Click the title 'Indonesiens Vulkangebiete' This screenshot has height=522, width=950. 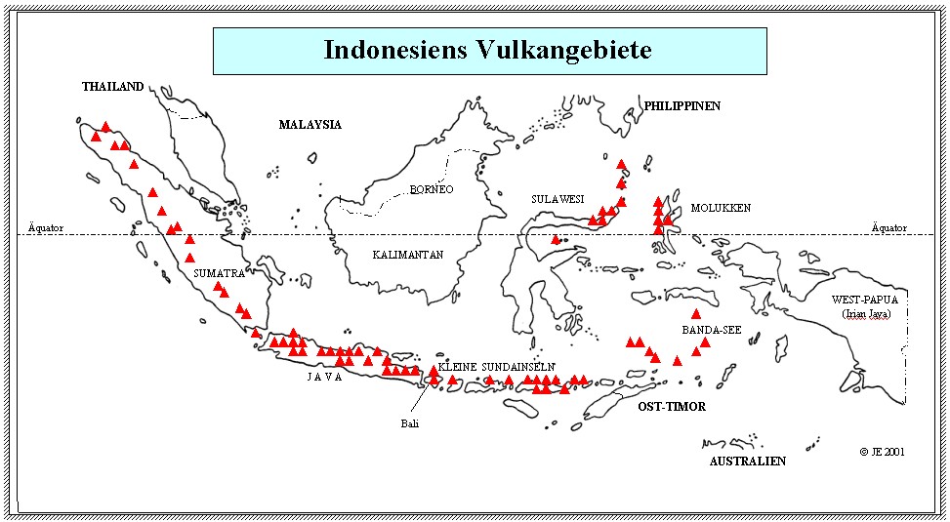coord(488,50)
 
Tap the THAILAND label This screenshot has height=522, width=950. coord(112,87)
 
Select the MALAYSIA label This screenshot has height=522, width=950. coord(310,125)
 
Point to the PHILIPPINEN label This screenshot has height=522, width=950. coord(682,105)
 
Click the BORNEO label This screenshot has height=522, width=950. coord(432,189)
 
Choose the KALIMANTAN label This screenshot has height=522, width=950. coord(408,255)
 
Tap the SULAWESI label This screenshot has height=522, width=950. coord(558,199)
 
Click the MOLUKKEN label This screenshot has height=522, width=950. coord(721,208)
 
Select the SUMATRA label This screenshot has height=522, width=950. coord(219,273)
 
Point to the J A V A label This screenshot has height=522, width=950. coord(325,378)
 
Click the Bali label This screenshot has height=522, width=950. coord(409,423)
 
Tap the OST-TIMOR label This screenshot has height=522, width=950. coord(672,406)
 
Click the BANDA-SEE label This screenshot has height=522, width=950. coord(711,330)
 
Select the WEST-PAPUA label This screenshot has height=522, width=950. coord(864,300)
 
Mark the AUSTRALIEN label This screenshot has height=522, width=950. coord(747,461)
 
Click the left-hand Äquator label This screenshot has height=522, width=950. coord(46,228)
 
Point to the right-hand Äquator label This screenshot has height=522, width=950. coord(888,228)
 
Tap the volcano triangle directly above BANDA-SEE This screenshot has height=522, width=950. coord(696,314)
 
